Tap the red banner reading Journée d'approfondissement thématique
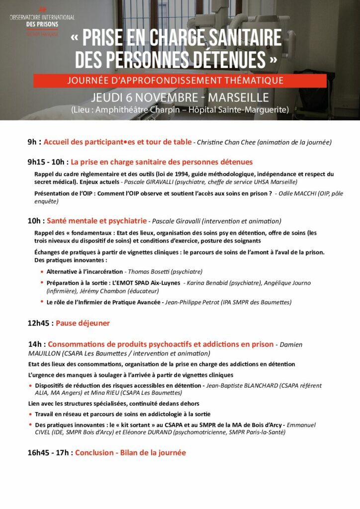(x=180, y=80)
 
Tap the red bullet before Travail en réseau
(x=30, y=414)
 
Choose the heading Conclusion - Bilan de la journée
(x=130, y=453)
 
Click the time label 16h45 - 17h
(x=50, y=453)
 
